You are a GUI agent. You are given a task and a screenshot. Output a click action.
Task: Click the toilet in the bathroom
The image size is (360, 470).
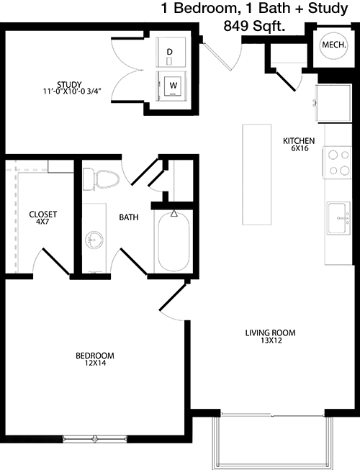pos(101,179)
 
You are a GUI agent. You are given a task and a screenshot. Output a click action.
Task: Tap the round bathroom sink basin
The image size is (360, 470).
pos(94,240)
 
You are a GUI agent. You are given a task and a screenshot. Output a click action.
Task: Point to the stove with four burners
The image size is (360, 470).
pos(337,163)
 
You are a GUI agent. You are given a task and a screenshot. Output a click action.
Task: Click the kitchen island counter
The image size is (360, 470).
pos(256,174)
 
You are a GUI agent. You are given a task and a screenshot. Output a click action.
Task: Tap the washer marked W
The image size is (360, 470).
pos(171,86)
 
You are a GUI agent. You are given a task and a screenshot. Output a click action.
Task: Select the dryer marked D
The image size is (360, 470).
pos(171,53)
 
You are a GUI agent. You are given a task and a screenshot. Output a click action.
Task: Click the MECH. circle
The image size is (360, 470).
pos(334,45)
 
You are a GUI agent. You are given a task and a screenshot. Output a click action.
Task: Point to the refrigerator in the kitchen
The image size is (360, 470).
pos(333,103)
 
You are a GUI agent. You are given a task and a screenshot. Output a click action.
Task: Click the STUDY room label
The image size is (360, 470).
pos(69,84)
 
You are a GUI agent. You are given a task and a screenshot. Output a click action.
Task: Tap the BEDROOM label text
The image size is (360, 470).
pos(95,356)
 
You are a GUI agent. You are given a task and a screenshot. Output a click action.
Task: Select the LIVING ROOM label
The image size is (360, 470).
pos(271,333)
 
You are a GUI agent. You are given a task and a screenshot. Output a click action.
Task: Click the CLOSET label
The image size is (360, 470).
pos(43,214)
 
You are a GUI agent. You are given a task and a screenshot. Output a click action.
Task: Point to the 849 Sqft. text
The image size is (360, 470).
pos(254,27)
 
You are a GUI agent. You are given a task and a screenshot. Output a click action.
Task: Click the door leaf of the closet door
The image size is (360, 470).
pos(57,261)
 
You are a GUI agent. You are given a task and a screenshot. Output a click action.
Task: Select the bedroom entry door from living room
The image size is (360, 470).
pos(172,297)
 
